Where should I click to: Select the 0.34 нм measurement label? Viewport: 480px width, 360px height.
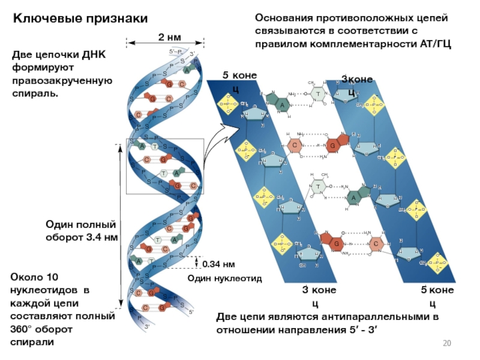[218, 264]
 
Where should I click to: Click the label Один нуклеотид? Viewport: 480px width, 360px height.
[217, 278]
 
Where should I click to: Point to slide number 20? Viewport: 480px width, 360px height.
[446, 343]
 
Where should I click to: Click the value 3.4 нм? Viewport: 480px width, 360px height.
[103, 237]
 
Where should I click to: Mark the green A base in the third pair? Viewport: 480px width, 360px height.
[354, 197]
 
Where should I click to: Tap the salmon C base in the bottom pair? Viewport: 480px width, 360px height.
[374, 244]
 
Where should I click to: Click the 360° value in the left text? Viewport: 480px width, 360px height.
[26, 329]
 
